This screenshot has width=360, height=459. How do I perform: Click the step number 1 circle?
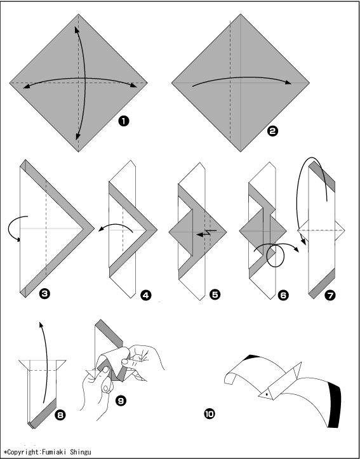[124, 121]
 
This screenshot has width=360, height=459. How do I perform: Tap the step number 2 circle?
[272, 131]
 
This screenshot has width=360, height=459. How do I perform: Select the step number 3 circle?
[44, 293]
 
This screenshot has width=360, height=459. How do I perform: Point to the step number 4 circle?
[146, 295]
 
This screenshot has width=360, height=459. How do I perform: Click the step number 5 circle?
[215, 295]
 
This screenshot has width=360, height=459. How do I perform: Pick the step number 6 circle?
[283, 295]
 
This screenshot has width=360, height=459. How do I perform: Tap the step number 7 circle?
[330, 295]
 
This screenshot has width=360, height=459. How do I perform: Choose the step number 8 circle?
[60, 415]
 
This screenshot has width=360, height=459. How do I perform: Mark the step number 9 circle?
[121, 401]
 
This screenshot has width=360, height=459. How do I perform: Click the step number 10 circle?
[210, 414]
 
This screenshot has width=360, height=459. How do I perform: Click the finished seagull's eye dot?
[267, 394]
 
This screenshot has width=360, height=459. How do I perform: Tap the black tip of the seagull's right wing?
[335, 405]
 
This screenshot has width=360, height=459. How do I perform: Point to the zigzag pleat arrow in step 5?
[206, 233]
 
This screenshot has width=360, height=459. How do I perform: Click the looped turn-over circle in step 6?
[275, 255]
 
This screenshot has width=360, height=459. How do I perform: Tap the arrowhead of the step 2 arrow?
[288, 83]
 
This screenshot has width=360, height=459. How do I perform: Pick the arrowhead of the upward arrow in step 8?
[41, 325]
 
